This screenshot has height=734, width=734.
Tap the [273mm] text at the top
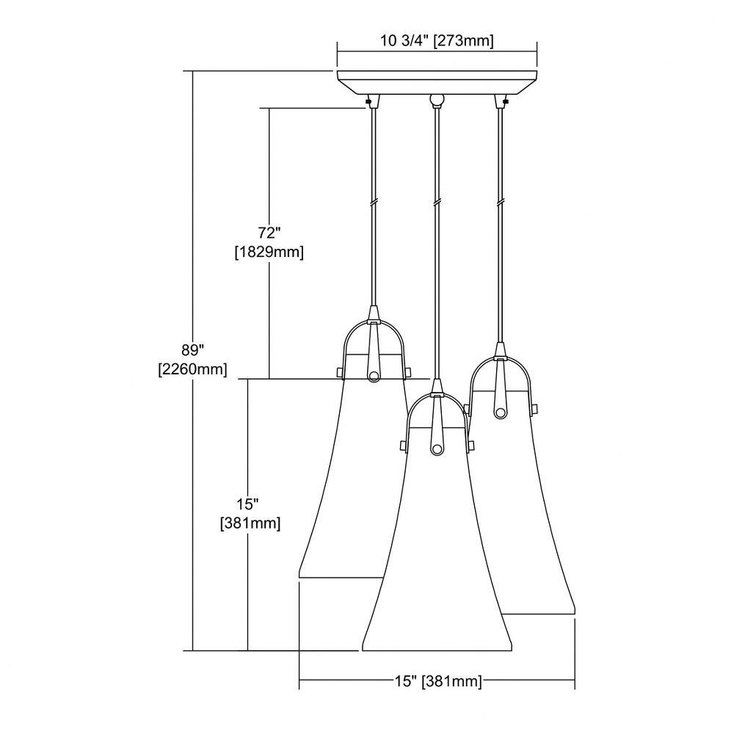(463, 41)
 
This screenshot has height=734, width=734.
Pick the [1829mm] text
(269, 252)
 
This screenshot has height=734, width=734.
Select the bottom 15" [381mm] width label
(437, 681)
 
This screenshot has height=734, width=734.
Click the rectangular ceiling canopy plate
(437, 82)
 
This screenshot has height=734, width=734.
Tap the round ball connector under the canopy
(437, 99)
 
